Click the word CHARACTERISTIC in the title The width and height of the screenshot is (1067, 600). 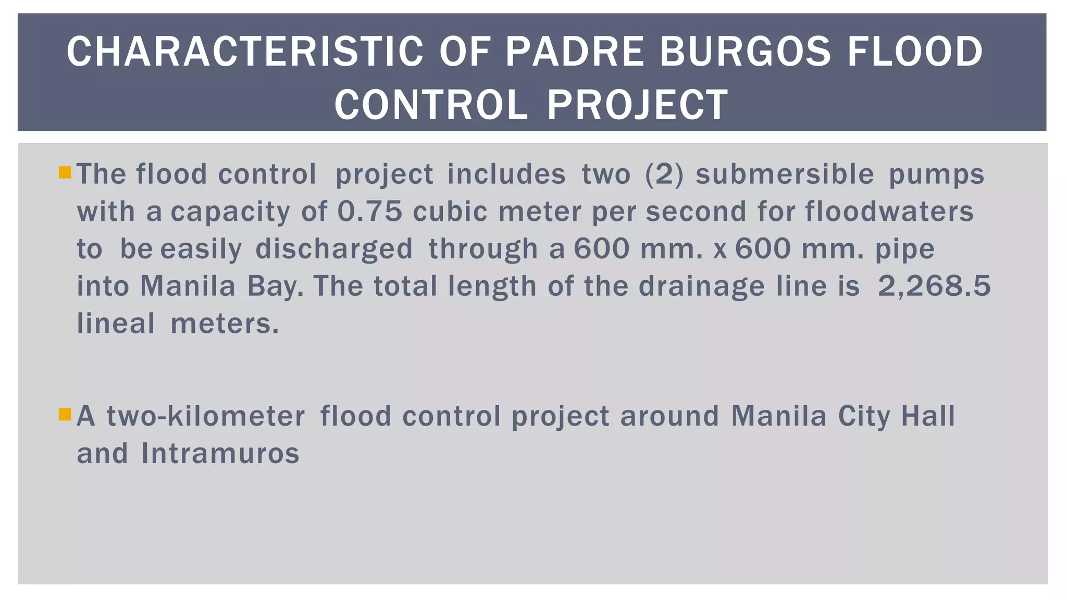tap(245, 52)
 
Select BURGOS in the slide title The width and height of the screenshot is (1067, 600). tap(745, 52)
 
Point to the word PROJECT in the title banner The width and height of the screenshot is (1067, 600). tap(637, 105)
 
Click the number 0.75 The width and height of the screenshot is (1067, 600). tap(370, 211)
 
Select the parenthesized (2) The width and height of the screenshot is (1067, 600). tap(664, 174)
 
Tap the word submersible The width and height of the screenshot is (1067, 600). tap(785, 174)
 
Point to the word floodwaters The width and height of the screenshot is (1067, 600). tap(889, 211)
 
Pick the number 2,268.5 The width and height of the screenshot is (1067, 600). tap(934, 286)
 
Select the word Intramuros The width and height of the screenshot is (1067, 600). tap(220, 453)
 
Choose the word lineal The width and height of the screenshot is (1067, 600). tap(116, 323)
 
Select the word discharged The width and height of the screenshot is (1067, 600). tap(334, 249)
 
